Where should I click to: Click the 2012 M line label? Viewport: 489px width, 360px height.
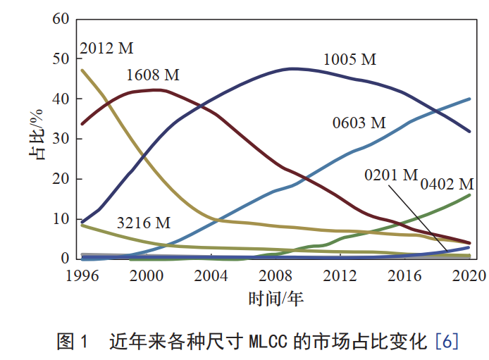pyautogui.click(x=106, y=49)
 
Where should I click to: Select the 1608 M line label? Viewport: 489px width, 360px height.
pyautogui.click(x=153, y=74)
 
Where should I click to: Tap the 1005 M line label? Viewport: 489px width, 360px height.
pyautogui.click(x=349, y=59)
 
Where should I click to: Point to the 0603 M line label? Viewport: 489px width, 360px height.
pyautogui.click(x=359, y=123)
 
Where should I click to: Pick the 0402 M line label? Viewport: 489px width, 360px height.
pyautogui.click(x=447, y=185)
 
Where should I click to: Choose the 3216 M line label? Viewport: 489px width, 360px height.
pyautogui.click(x=144, y=223)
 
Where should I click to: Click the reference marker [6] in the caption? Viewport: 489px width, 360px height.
pyautogui.click(x=447, y=342)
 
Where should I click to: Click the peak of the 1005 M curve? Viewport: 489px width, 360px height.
pyautogui.click(x=292, y=68)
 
